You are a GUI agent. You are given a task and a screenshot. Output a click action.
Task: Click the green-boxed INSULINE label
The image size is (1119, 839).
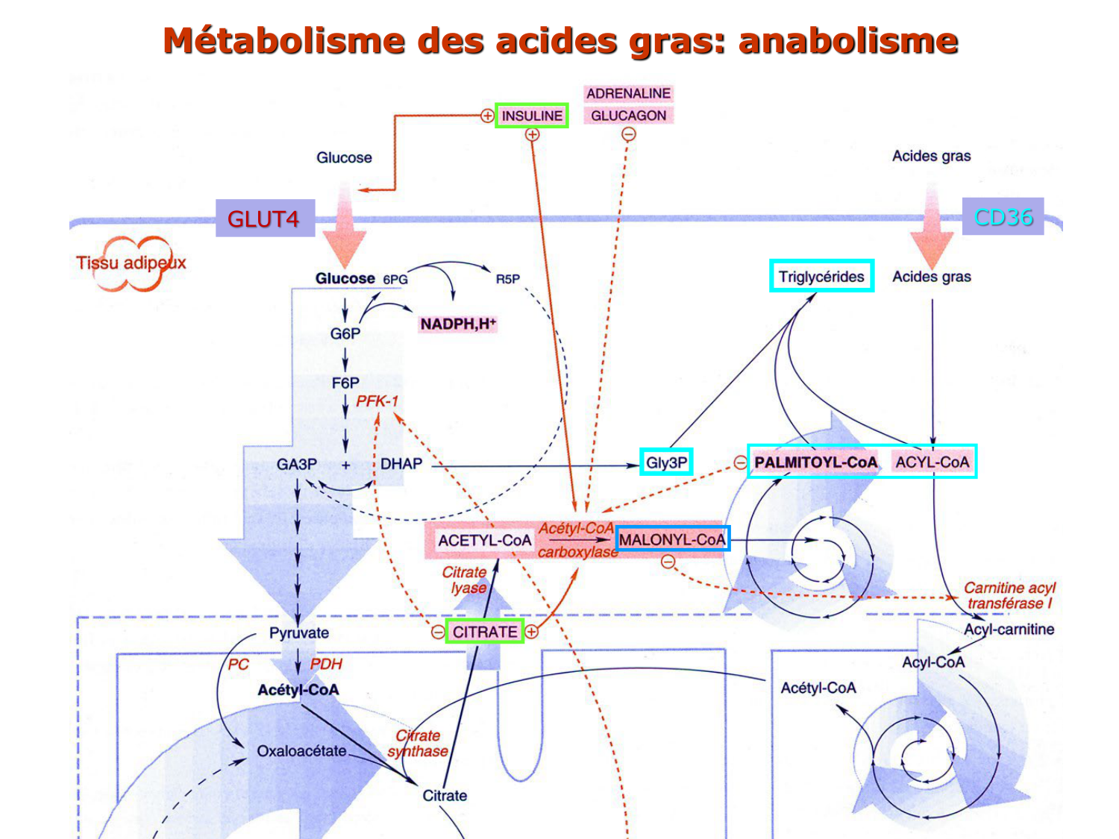[x=531, y=116]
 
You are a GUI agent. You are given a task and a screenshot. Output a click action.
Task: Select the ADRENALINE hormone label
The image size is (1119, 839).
[x=628, y=93]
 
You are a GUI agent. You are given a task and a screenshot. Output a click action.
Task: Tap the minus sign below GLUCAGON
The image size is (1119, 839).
[x=629, y=134]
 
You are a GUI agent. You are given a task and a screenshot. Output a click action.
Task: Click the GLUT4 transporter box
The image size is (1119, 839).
[x=264, y=219]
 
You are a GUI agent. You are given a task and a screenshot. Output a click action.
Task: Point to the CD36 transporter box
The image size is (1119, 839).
[x=1003, y=217]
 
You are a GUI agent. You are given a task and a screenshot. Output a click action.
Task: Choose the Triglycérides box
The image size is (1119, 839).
[x=821, y=277]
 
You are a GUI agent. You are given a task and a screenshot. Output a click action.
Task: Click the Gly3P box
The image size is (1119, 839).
[x=666, y=462]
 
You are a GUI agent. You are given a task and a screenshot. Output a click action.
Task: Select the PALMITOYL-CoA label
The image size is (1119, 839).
[x=815, y=462]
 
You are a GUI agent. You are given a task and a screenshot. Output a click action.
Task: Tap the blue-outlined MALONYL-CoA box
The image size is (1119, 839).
[x=672, y=539]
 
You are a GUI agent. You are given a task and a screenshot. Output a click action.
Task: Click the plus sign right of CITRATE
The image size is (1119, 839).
[x=531, y=632]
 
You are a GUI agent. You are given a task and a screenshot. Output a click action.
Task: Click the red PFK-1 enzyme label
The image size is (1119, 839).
[x=377, y=401]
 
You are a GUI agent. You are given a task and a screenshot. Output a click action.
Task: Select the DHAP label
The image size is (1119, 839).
[x=401, y=464]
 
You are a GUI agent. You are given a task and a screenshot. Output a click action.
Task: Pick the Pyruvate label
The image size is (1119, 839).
[x=298, y=633]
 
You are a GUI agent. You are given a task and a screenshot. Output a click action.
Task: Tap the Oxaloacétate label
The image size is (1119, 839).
[x=301, y=751]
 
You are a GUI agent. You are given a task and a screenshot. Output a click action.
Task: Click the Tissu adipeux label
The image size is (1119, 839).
[x=131, y=263]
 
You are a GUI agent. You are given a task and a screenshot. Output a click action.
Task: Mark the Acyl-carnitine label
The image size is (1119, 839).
[x=1009, y=629]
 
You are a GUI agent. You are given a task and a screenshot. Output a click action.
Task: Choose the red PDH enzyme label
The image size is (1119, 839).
[x=326, y=664]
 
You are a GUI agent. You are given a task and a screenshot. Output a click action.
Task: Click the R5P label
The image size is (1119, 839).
[x=508, y=279]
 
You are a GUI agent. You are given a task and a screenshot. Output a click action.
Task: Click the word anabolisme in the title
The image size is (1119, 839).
[x=847, y=41]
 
